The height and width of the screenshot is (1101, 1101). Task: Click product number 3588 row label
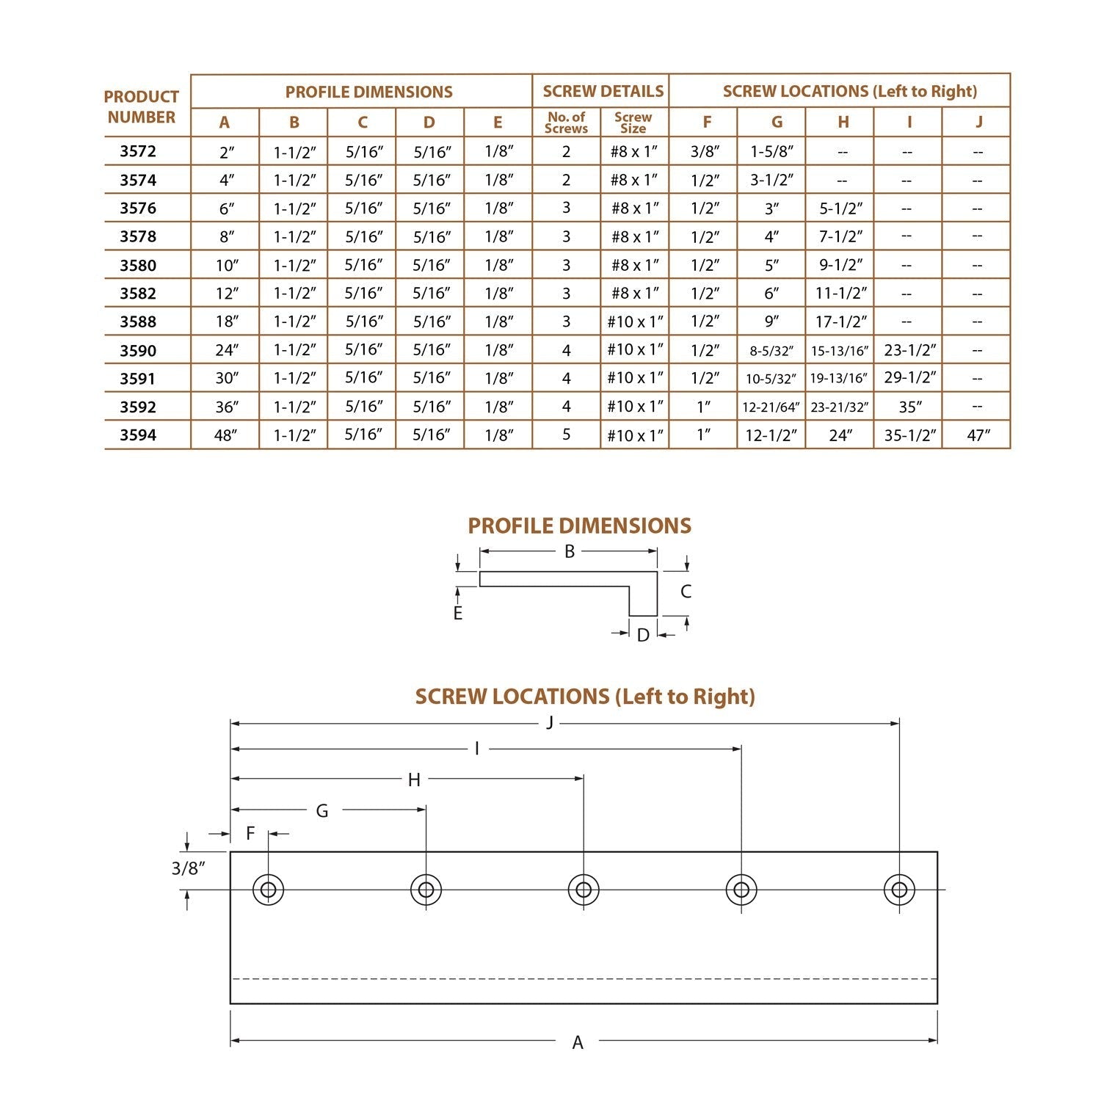tap(138, 321)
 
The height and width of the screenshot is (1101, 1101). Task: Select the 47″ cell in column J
tap(978, 435)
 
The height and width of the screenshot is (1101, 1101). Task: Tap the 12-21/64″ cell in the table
tap(771, 407)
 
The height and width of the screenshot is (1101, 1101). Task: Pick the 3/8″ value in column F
tap(705, 152)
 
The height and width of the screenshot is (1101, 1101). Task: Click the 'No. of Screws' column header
tap(567, 123)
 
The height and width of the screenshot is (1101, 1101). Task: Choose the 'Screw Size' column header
tap(633, 123)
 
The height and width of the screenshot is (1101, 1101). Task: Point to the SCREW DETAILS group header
tap(603, 91)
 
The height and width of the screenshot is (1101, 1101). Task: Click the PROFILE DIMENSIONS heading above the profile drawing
tap(579, 526)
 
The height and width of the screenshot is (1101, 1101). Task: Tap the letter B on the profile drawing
tap(569, 551)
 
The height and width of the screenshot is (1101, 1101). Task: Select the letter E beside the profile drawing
tap(458, 614)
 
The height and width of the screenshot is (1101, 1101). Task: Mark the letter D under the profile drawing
tap(643, 635)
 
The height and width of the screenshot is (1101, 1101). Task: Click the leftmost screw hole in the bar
tap(269, 890)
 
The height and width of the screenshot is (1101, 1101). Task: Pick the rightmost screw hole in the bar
tap(899, 890)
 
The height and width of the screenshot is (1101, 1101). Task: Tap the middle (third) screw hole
tap(584, 890)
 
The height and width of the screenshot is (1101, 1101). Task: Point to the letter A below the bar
tap(578, 1042)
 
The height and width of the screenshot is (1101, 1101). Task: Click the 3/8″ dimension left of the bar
tap(188, 868)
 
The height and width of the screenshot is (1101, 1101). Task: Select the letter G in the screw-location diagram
tap(321, 811)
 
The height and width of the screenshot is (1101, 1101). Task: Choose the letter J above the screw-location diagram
tap(550, 723)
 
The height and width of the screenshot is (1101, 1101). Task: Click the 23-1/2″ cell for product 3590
tap(909, 350)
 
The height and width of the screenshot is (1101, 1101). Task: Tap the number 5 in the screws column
tap(566, 435)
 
